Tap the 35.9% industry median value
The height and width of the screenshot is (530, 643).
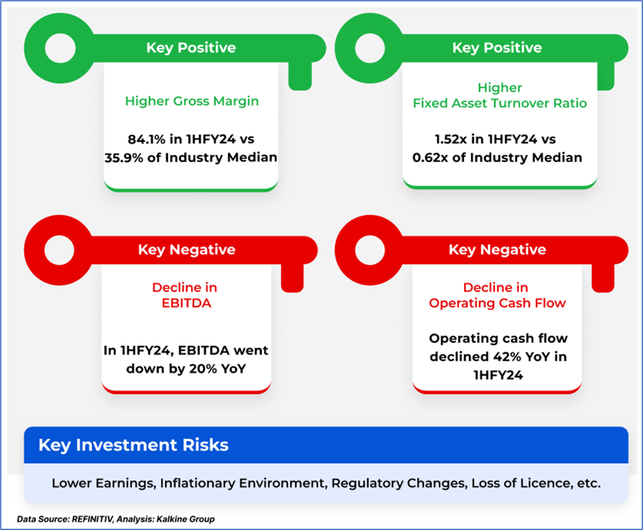(124, 158)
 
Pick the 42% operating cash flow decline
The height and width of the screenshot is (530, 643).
(507, 357)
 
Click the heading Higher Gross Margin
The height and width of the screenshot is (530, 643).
(192, 101)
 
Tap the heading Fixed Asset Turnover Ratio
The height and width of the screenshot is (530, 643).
(500, 103)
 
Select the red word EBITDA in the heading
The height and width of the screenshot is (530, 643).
(186, 303)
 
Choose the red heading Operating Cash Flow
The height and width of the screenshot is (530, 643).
(497, 303)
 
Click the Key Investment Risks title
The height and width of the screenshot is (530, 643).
(133, 445)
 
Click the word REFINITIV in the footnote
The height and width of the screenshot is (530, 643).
(92, 520)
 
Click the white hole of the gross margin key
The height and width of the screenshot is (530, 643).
(60, 48)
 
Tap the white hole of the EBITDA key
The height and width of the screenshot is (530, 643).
(59, 250)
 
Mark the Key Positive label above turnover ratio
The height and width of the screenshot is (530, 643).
(497, 48)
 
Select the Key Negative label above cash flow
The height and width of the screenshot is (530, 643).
(497, 250)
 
